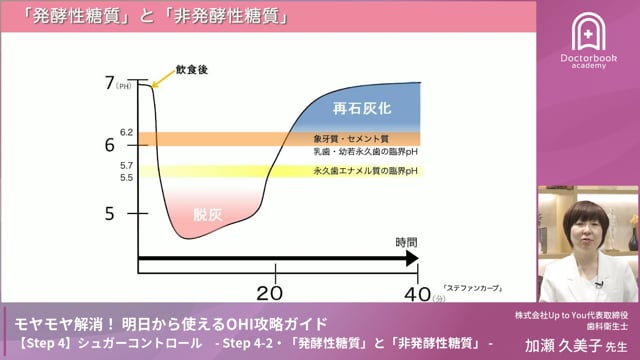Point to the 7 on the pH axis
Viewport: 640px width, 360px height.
point(110,83)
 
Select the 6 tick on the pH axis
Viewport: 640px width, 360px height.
point(110,145)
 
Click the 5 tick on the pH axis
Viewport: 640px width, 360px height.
point(111,213)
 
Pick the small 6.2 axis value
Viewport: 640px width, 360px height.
point(127,132)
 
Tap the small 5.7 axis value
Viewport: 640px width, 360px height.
point(127,164)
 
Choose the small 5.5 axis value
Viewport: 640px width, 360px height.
point(127,177)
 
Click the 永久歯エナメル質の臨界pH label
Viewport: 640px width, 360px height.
point(365,171)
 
